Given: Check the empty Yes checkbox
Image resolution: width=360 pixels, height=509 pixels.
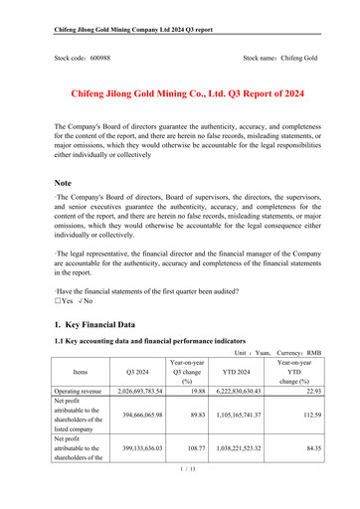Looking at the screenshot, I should coord(63,299).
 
